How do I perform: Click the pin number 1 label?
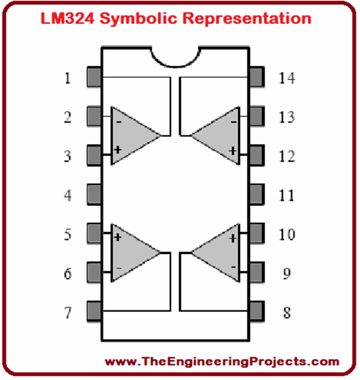point(68,78)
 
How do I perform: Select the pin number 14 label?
point(287,78)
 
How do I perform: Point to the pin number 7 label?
point(68,312)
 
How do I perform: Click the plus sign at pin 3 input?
point(118,149)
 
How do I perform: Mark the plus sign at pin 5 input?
point(118,238)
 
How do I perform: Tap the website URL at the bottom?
point(222,361)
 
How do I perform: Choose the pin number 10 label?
point(287,234)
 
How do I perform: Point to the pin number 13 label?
point(287,117)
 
